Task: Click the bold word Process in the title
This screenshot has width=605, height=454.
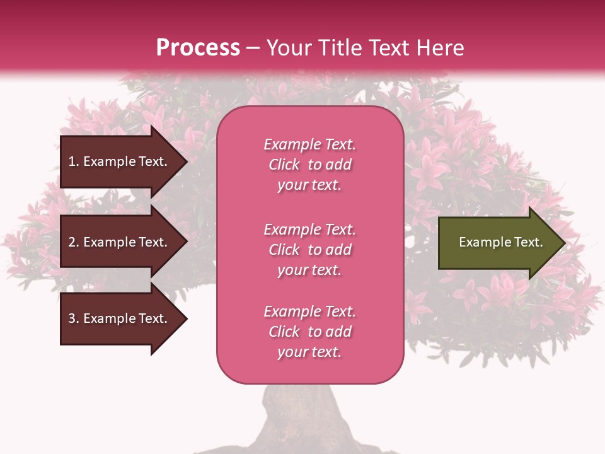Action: pos(198,48)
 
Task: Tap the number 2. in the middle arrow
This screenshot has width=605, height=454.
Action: pos(74,242)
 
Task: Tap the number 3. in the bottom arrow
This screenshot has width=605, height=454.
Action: pos(74,318)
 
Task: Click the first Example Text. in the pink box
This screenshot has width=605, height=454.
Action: pos(309,144)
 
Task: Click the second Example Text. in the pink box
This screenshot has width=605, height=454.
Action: pos(309,230)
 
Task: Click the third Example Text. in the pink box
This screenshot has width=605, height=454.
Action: pos(309,311)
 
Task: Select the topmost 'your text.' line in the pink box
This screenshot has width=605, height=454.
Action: pos(309,185)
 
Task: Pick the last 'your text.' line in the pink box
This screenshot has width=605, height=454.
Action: pos(309,352)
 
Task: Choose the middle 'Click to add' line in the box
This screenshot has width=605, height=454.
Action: pos(309,250)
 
